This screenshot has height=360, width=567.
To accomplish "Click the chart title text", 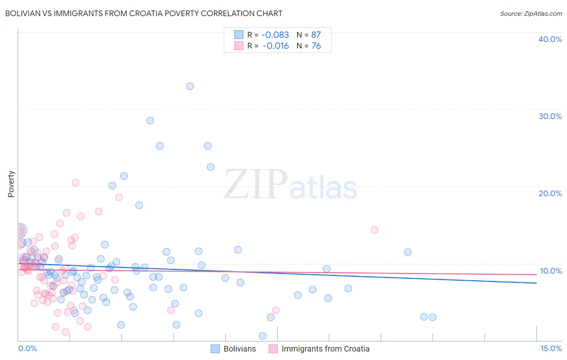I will click(x=144, y=13).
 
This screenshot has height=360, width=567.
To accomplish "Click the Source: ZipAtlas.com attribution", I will click(x=531, y=13).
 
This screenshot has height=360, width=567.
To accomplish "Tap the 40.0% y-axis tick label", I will click(x=550, y=39).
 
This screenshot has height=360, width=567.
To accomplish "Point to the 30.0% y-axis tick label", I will click(x=550, y=116).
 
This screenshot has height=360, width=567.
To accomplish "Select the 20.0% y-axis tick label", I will click(x=550, y=193).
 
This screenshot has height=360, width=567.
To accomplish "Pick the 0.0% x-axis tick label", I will click(x=27, y=348).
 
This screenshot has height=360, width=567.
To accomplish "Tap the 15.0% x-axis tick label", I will click(x=551, y=348).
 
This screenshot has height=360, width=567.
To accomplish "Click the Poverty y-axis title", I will click(x=11, y=184).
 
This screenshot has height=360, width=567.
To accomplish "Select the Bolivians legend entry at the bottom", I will click(x=240, y=349).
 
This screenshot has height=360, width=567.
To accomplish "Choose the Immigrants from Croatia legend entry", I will click(x=325, y=349).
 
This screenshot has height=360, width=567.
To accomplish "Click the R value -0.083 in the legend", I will click(x=275, y=35).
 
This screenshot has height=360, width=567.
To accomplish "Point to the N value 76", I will click(x=316, y=46).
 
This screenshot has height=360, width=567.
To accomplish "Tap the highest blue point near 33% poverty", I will click(x=190, y=86).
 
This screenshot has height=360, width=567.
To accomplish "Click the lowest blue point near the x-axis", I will click(x=263, y=336).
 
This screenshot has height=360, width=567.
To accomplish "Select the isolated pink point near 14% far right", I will click(x=374, y=230).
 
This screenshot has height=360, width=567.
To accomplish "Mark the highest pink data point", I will click(x=75, y=182).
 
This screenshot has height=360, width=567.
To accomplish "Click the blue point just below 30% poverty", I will click(x=150, y=121).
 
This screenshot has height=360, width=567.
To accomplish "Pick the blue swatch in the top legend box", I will click(x=239, y=35).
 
